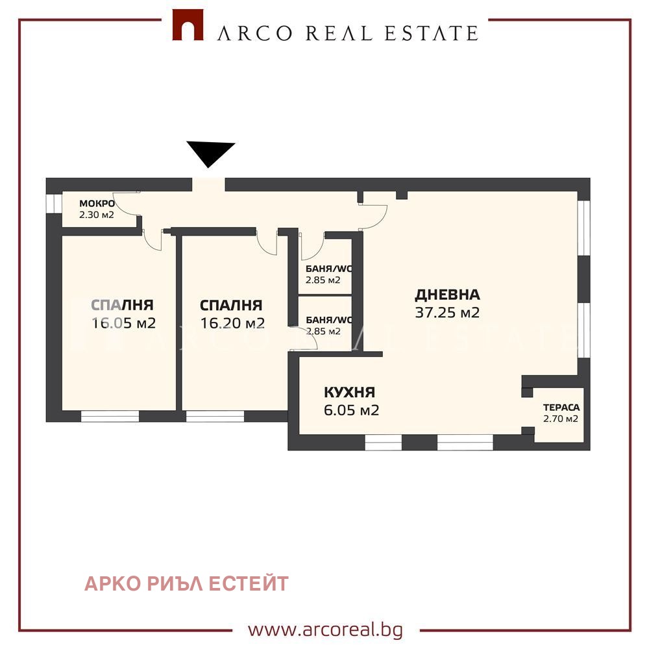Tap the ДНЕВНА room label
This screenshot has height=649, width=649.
tap(447, 295)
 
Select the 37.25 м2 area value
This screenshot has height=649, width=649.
tap(447, 313)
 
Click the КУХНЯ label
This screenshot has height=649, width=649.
tap(349, 392)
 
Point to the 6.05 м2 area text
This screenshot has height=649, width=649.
tap(351, 410)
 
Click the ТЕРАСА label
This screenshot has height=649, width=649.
tap(561, 408)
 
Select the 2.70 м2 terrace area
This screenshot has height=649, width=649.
tap(561, 419)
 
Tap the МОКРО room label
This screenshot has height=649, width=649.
tap(97, 204)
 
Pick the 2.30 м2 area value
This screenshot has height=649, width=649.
tap(97, 214)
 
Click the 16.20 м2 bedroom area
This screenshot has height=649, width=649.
tap(232, 323)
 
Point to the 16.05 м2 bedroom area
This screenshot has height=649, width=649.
tap(123, 323)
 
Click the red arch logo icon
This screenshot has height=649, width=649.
tap(187, 26)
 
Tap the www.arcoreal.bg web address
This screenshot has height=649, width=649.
tap(325, 630)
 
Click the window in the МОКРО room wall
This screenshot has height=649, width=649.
tap(50, 203)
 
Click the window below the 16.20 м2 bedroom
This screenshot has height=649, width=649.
tap(215, 416)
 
